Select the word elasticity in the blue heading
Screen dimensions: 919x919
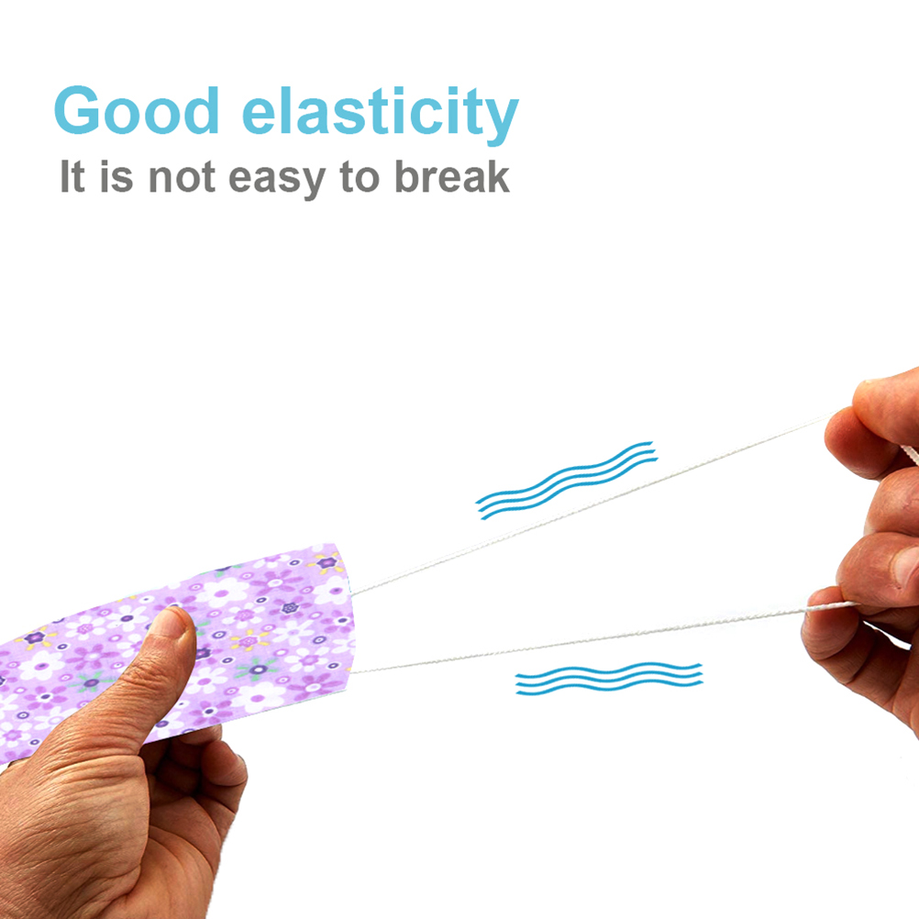(x=381, y=115)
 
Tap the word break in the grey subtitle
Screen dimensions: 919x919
(x=451, y=176)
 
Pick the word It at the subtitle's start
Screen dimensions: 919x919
(x=72, y=176)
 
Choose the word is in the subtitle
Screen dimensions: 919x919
(x=116, y=176)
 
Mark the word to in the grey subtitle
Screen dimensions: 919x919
(x=360, y=178)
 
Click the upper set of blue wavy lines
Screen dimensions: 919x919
(x=566, y=480)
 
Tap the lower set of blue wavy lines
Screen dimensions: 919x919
(x=609, y=679)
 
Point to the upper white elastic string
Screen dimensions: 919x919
(x=592, y=504)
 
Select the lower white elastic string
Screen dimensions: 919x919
(x=586, y=640)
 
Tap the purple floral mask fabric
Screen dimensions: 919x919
(x=176, y=645)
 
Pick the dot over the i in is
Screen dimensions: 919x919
(x=106, y=164)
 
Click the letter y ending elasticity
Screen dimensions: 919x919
(x=502, y=122)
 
